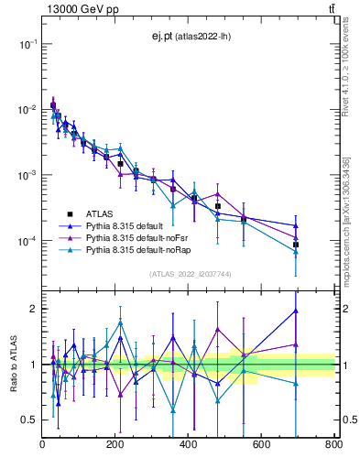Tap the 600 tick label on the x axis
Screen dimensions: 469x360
(261, 445)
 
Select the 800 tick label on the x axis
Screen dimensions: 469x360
(333, 445)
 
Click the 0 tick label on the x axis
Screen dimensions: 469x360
(42, 445)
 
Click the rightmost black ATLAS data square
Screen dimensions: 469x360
(296, 245)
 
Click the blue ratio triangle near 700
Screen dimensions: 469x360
(296, 311)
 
